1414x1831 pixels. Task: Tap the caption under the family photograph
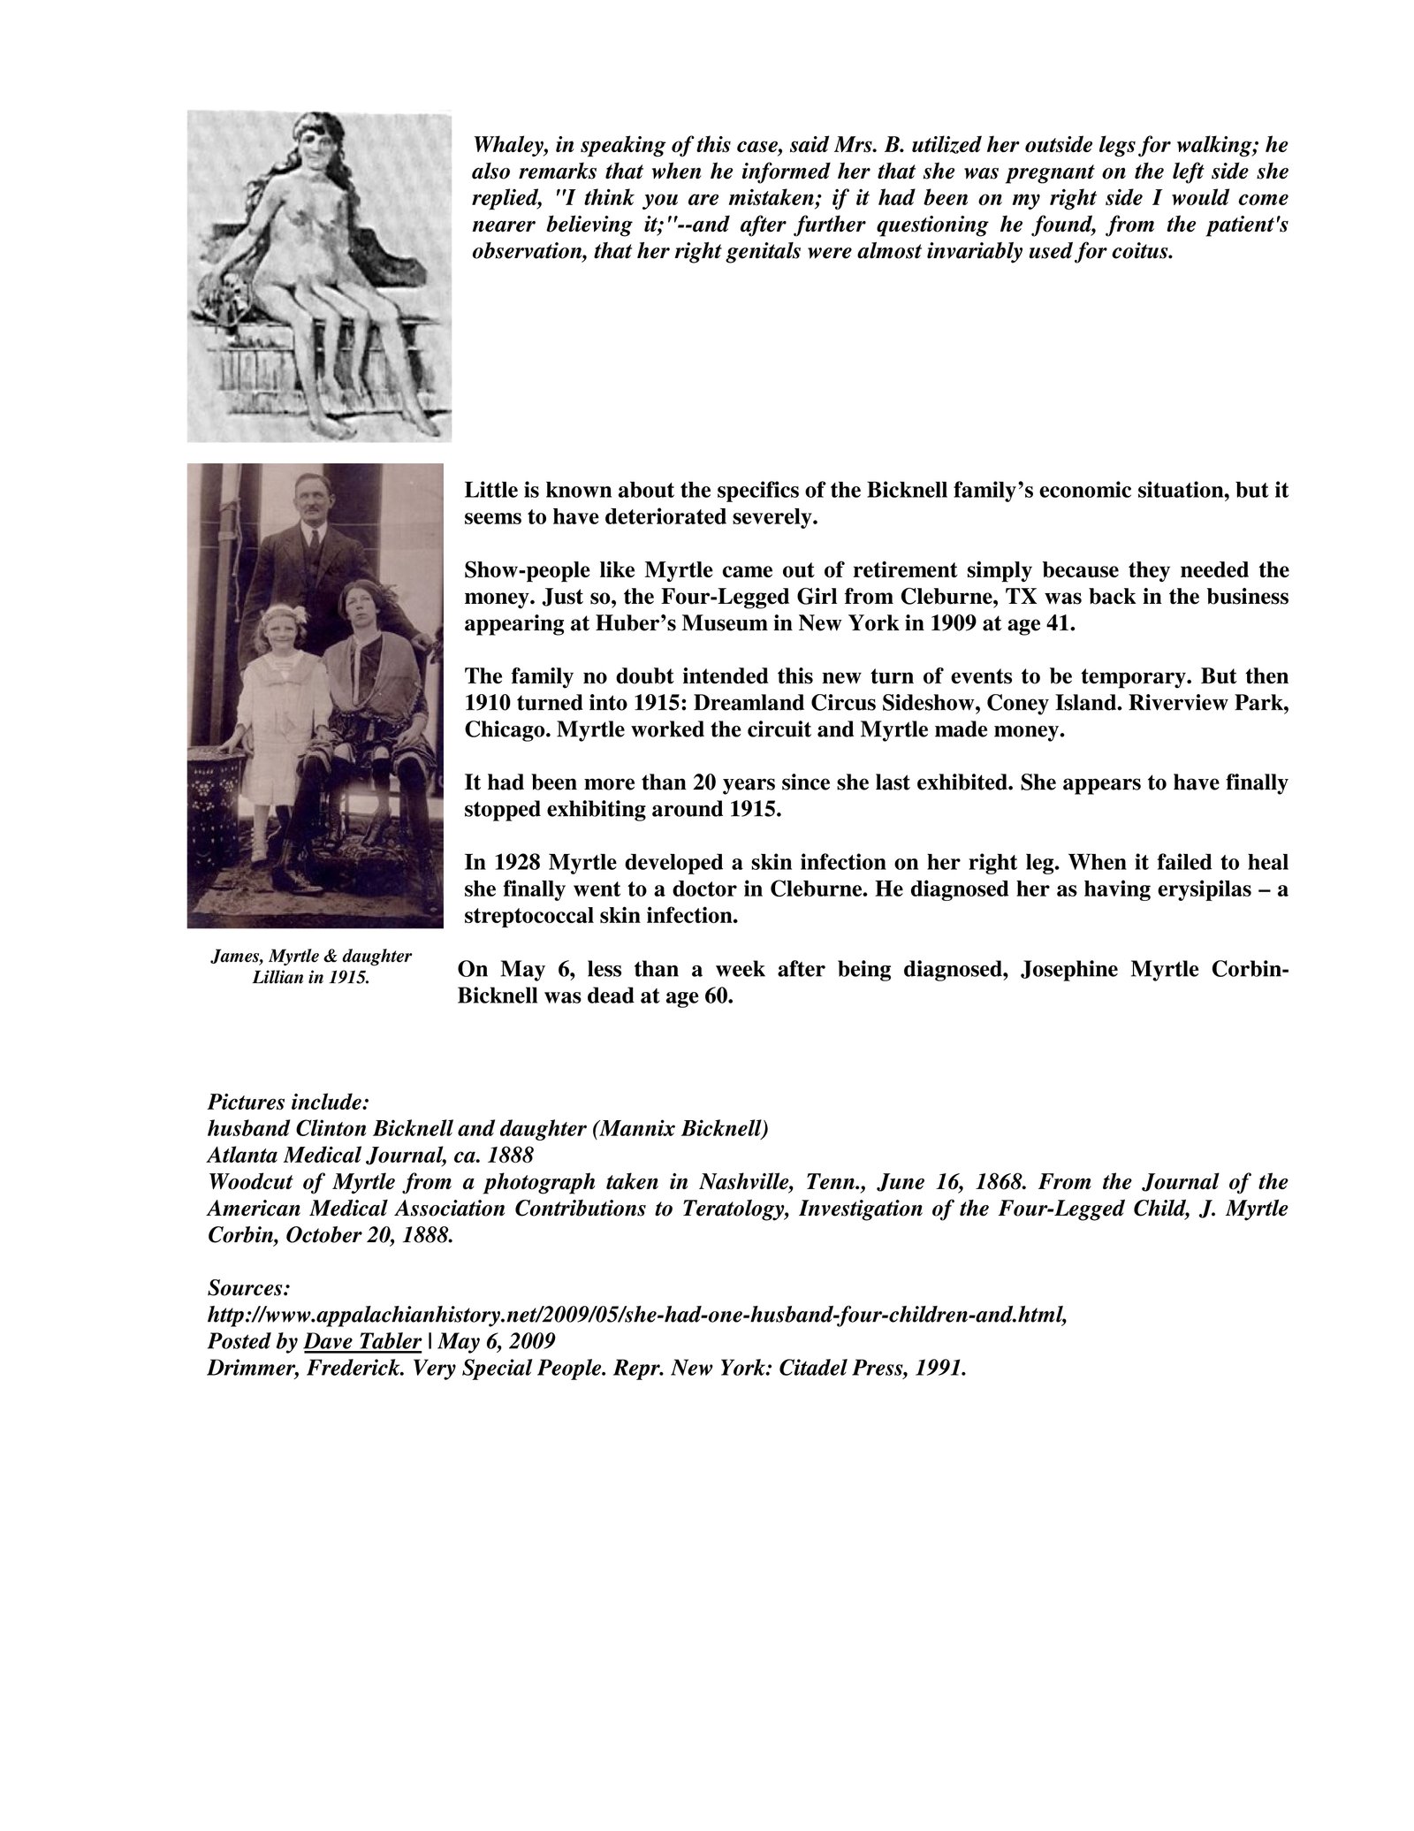click(x=311, y=969)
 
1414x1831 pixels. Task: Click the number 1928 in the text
click(x=511, y=863)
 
